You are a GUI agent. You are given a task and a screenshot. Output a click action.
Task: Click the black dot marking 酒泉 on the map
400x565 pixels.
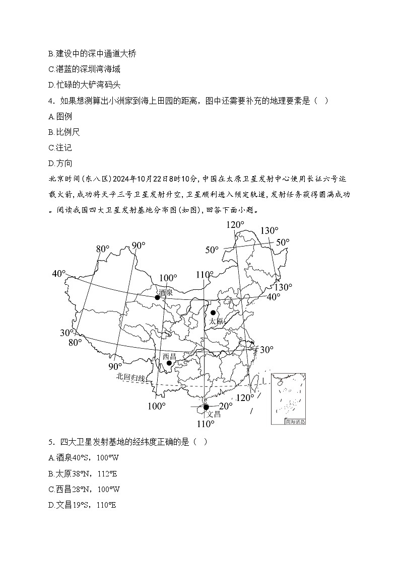click(x=157, y=297)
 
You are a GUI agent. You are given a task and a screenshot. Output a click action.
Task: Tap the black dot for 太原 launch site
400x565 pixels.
click(x=213, y=312)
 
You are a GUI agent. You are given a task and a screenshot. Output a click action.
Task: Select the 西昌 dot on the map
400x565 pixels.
click(x=169, y=363)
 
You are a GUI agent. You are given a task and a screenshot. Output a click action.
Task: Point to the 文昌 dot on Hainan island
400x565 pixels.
click(x=206, y=407)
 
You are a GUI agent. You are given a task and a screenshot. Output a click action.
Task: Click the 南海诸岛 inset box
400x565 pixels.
click(x=288, y=398)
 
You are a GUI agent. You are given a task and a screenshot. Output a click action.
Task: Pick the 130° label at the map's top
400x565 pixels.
click(x=269, y=231)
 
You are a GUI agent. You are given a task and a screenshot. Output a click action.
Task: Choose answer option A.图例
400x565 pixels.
click(x=60, y=116)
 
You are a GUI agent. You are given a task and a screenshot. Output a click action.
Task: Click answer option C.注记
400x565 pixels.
click(x=60, y=147)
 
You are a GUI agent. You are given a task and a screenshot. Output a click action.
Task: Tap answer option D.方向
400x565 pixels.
click(x=60, y=163)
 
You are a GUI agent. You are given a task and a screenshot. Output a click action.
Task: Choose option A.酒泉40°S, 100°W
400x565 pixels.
click(x=84, y=458)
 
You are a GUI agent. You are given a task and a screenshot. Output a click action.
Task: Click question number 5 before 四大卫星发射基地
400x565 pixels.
click(x=51, y=442)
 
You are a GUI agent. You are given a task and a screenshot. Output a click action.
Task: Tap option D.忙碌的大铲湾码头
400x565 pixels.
click(x=84, y=85)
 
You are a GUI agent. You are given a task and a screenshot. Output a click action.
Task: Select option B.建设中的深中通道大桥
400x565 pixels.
click(x=92, y=53)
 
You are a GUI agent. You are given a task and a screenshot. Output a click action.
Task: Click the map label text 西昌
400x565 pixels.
click(x=169, y=356)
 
